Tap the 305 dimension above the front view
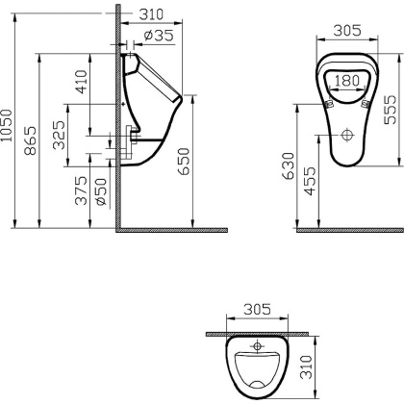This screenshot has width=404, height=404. [345, 30]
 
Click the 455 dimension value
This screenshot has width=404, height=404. [309, 183]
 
